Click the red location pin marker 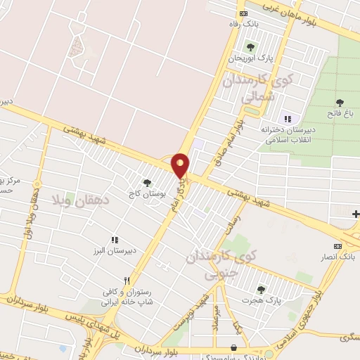tap(181, 165)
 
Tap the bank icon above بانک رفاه tap(244, 13)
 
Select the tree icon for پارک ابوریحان tap(250, 47)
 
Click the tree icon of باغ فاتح tap(340, 103)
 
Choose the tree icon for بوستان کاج tap(147, 182)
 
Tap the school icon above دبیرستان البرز tap(115, 240)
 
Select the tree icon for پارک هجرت tap(261, 290)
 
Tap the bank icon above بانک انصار tap(338, 246)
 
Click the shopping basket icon tap(233, 347)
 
